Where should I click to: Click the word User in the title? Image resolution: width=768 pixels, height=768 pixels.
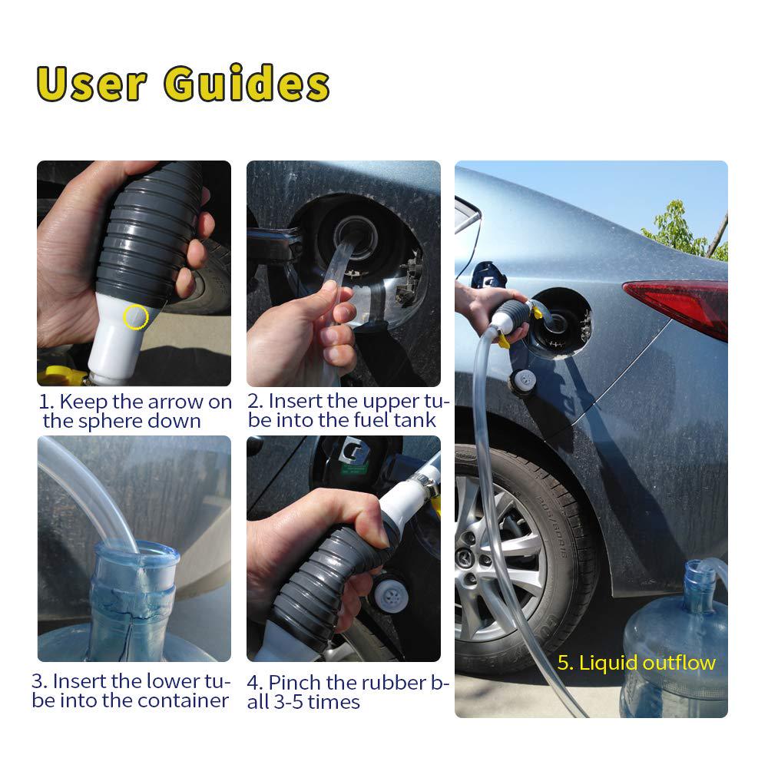click(91, 84)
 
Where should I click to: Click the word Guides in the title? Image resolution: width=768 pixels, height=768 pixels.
click(247, 84)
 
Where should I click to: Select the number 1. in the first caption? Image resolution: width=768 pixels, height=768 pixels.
click(47, 401)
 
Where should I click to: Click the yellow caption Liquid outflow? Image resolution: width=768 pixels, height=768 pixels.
click(637, 663)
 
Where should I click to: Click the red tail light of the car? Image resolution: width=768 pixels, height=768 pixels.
click(680, 303)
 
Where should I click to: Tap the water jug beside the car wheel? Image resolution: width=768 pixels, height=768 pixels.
click(676, 645)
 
